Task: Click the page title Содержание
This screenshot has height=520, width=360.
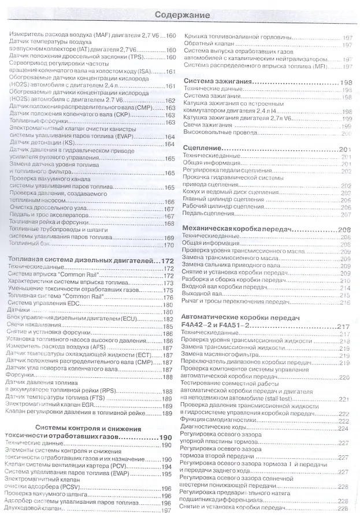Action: coord(180,14)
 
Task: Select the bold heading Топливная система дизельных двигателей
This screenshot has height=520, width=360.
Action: coord(81,261)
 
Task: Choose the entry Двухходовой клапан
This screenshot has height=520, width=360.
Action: coord(38,510)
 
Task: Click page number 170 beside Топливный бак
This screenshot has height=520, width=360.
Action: coord(169,244)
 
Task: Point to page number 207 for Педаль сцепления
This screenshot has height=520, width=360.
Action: coord(346,214)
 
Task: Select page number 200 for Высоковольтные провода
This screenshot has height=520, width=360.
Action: coord(346,133)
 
